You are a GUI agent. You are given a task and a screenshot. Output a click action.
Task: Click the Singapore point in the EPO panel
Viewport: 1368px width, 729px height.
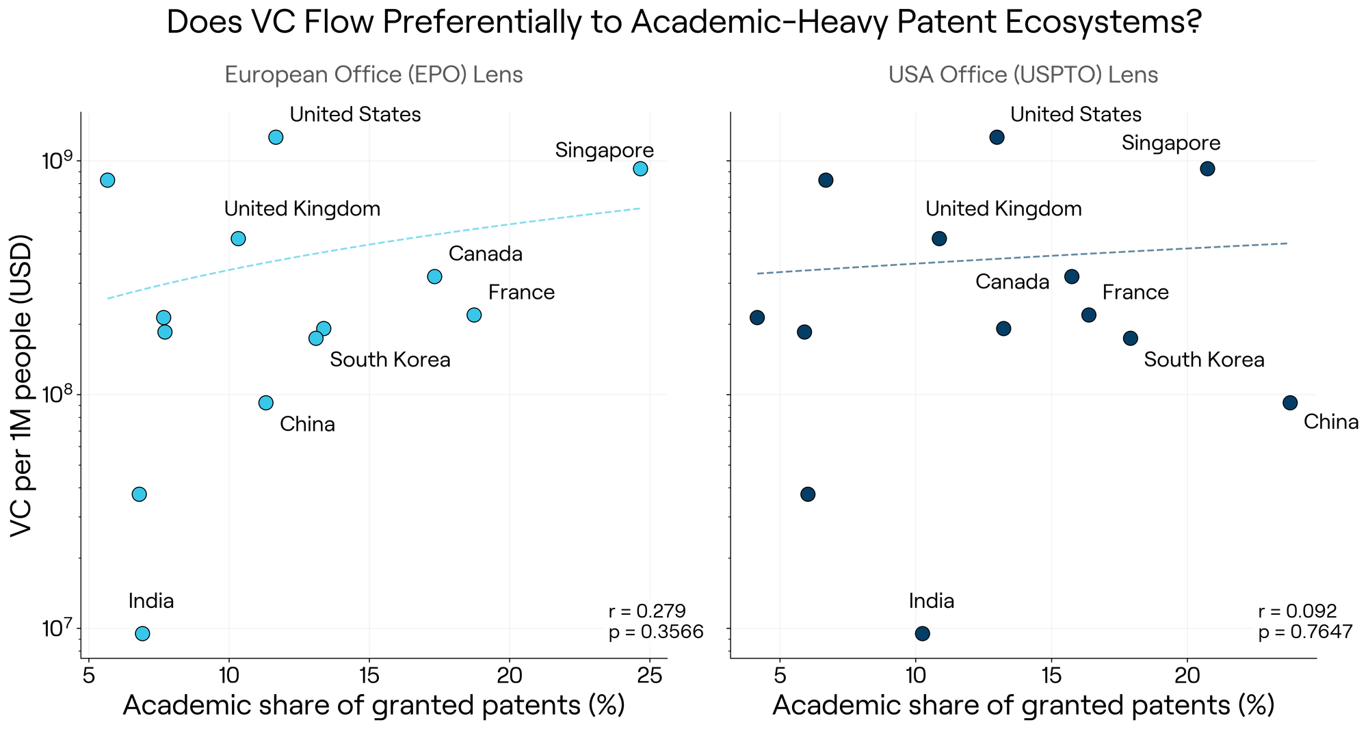click(640, 168)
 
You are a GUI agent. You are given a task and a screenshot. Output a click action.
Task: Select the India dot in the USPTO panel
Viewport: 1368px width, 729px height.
click(922, 633)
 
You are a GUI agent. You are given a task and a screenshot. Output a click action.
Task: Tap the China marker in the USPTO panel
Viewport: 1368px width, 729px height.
click(1290, 403)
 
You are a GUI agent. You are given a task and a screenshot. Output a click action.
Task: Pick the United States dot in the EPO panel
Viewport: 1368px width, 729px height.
click(276, 137)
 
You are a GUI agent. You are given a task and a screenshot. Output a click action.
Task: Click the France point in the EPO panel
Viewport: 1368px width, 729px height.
click(474, 315)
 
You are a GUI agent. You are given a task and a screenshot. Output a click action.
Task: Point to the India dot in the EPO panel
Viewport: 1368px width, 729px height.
click(142, 633)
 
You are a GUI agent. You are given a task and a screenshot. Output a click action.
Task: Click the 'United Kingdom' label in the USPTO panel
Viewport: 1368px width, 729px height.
click(1004, 209)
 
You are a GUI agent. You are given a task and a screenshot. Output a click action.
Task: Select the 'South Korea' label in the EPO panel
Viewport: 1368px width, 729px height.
click(390, 360)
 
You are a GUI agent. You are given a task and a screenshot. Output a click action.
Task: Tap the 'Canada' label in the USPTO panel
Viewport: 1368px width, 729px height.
click(1012, 282)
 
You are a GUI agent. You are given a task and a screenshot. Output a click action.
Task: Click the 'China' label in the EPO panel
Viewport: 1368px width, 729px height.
click(308, 425)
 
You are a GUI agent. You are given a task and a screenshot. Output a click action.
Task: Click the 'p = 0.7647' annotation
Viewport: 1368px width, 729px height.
click(1306, 632)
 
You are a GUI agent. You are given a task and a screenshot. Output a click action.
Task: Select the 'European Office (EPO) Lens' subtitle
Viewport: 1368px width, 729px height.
click(373, 75)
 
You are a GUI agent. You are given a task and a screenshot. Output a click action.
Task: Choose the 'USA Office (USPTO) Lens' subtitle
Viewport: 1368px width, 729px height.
click(1023, 75)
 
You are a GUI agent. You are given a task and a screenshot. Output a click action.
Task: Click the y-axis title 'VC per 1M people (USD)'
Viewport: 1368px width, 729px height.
click(25, 386)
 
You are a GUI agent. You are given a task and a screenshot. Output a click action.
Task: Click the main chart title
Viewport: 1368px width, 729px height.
click(684, 23)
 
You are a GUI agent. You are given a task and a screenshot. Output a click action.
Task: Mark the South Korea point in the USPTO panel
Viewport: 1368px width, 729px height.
click(1131, 338)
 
